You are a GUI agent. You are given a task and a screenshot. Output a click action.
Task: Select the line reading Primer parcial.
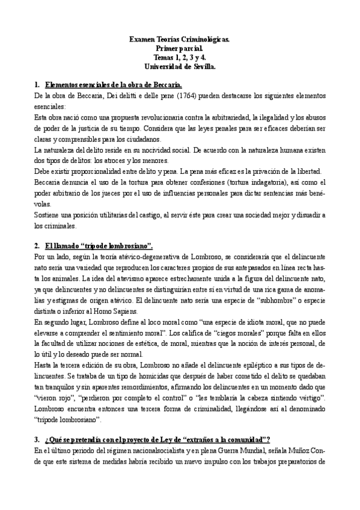point(180,48)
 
